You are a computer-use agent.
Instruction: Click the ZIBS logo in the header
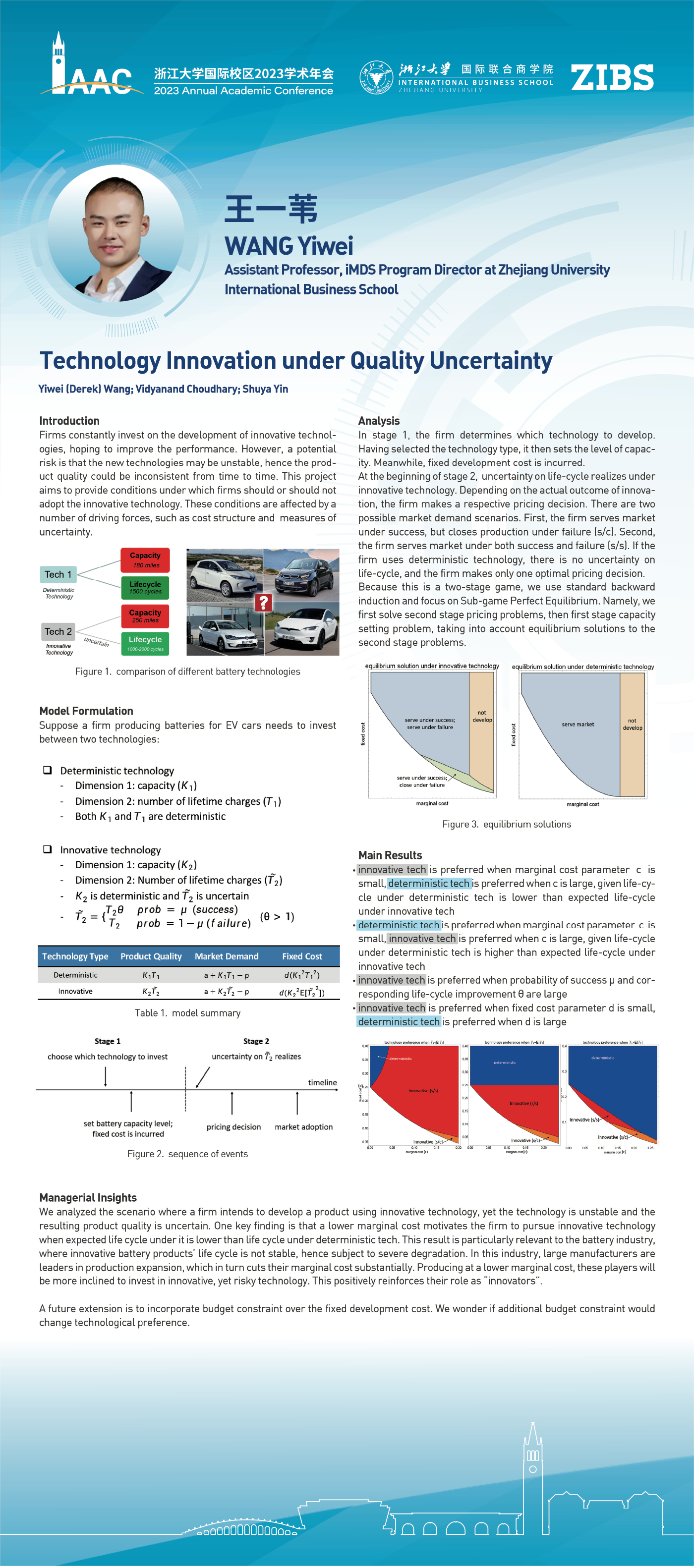[x=612, y=78]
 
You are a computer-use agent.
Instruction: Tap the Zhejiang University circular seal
[x=376, y=77]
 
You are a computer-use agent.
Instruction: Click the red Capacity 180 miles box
[x=145, y=560]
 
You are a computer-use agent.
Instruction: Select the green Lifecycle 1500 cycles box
[x=145, y=587]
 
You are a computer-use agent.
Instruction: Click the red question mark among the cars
[x=263, y=603]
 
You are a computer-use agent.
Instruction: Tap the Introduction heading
[x=69, y=421]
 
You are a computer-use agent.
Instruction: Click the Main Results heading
[x=390, y=855]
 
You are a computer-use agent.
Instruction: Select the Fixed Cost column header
[x=302, y=956]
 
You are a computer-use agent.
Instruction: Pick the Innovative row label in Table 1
[x=75, y=991]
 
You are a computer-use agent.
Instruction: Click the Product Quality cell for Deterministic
[x=151, y=975]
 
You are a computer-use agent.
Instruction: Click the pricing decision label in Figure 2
[x=233, y=1126]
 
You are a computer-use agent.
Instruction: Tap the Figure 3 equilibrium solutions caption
[x=507, y=824]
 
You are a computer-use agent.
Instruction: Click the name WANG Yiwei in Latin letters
[x=289, y=246]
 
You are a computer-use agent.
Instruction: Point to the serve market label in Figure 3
[x=578, y=724]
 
